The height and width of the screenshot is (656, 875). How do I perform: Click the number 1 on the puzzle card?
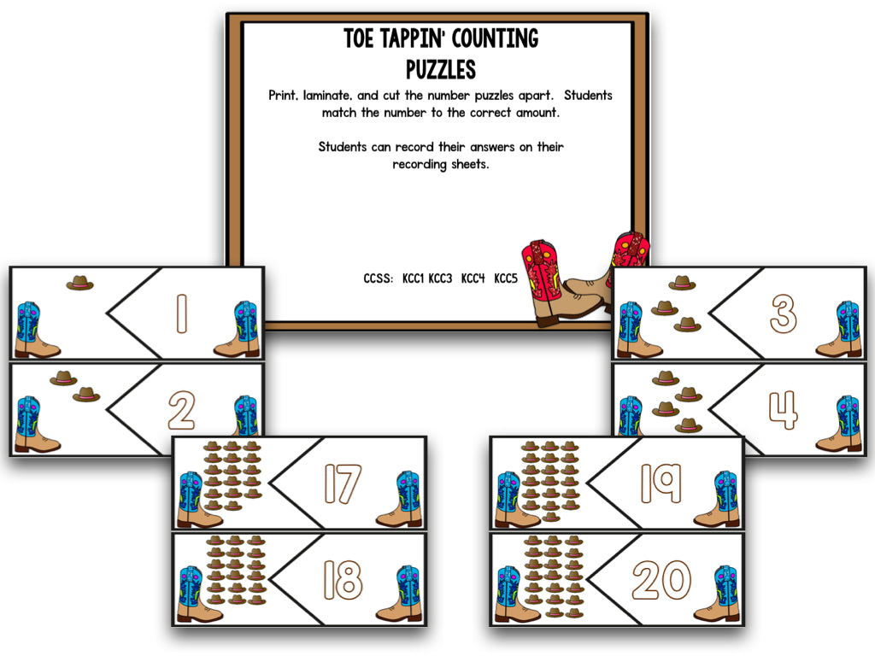click(x=181, y=313)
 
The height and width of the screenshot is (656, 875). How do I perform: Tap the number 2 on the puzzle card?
click(x=181, y=410)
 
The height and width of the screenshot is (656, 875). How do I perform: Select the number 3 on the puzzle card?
click(x=783, y=313)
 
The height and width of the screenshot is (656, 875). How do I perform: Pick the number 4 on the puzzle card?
click(x=783, y=410)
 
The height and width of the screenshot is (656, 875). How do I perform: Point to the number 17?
click(x=343, y=484)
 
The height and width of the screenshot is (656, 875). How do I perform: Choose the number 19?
click(x=661, y=484)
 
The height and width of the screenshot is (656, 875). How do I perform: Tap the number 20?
click(x=661, y=581)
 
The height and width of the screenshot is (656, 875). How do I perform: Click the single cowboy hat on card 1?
click(x=79, y=283)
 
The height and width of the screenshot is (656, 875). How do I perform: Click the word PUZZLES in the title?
click(x=441, y=67)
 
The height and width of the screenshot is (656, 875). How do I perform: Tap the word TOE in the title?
click(x=360, y=38)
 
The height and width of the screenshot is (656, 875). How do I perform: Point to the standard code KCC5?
click(x=506, y=278)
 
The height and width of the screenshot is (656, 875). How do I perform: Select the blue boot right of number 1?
click(x=238, y=329)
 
